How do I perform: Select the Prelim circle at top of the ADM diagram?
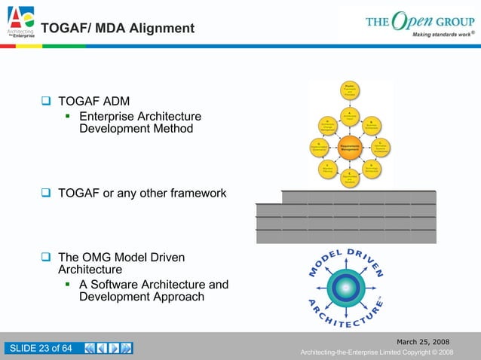[x=350, y=88]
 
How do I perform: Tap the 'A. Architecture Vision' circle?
[x=350, y=117]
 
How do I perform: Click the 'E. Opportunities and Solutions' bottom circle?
[x=350, y=178]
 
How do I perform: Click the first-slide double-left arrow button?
[x=90, y=348]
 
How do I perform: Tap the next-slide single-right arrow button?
[x=114, y=348]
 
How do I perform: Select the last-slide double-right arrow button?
[x=127, y=348]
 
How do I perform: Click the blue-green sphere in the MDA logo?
[x=346, y=286]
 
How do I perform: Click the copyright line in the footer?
[x=376, y=352]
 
